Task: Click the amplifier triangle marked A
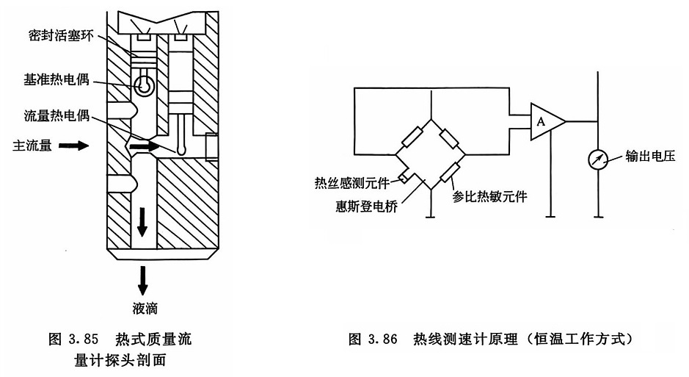coord(545,121)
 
